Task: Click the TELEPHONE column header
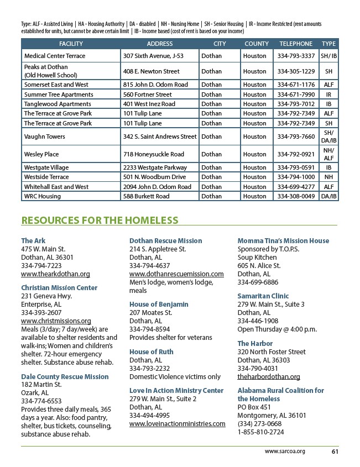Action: click(x=296, y=44)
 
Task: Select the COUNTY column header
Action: click(x=257, y=44)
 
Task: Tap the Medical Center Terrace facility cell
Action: click(x=55, y=56)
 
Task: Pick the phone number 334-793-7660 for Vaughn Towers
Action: click(x=296, y=137)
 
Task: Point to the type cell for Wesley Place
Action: click(x=328, y=154)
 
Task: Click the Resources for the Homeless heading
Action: click(x=100, y=221)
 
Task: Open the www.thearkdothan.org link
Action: click(x=55, y=274)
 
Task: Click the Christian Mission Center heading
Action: click(x=59, y=288)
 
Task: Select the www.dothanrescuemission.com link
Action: click(x=176, y=274)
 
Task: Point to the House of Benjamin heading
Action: click(x=159, y=305)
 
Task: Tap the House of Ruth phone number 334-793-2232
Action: click(x=150, y=369)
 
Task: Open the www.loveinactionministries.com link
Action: click(x=177, y=424)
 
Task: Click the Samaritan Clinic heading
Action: click(x=263, y=296)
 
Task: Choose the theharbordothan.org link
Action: click(x=269, y=377)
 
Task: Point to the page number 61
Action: click(x=335, y=451)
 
